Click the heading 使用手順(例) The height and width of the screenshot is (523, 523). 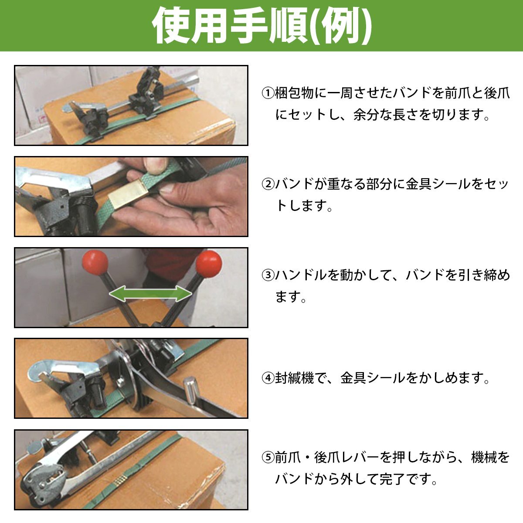(x=262, y=25)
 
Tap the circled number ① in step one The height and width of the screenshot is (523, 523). (x=268, y=93)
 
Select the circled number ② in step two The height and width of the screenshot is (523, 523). (x=268, y=184)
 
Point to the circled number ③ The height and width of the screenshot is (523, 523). (x=268, y=275)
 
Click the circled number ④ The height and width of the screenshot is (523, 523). (x=268, y=378)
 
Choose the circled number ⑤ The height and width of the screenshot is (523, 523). (x=268, y=457)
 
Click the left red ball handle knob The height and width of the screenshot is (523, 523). (x=95, y=262)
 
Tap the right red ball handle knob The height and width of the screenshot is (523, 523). (x=209, y=264)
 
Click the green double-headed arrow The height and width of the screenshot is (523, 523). (x=151, y=293)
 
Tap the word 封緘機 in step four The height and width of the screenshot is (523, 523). (x=294, y=378)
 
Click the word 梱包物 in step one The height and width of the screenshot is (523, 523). (x=294, y=93)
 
